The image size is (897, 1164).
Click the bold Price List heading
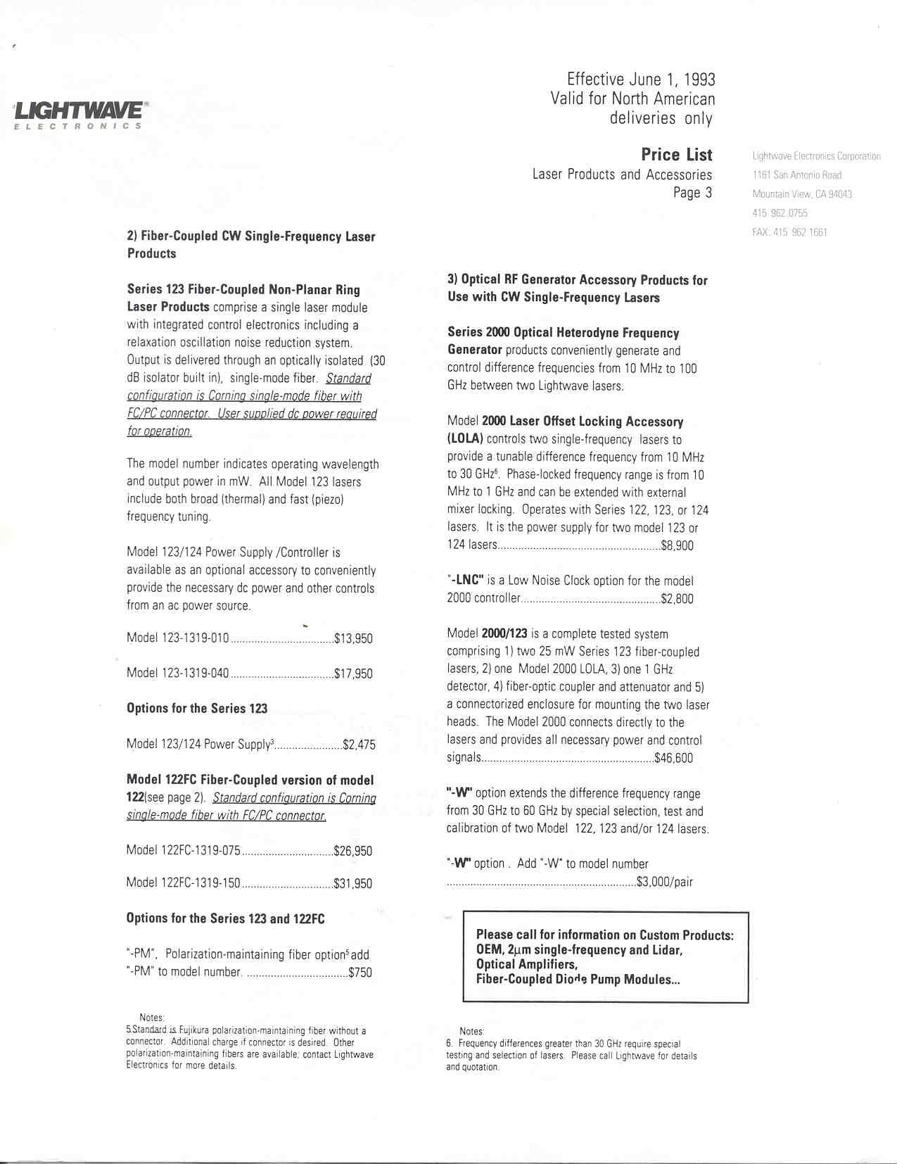tap(676, 155)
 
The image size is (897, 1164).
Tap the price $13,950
tap(353, 639)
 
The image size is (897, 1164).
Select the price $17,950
tap(353, 674)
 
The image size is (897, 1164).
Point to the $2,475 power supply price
tap(359, 745)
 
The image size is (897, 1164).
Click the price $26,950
tap(352, 851)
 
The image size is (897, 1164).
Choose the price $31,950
tap(352, 884)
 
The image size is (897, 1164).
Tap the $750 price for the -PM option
tap(360, 973)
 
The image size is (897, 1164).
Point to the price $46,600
tap(673, 758)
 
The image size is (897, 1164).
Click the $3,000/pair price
tap(664, 882)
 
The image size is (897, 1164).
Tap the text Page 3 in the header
tap(692, 193)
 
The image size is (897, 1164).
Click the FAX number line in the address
tap(789, 232)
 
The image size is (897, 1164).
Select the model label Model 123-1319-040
tap(178, 673)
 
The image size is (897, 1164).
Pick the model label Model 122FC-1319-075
tap(184, 850)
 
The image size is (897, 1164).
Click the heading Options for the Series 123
tap(197, 709)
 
